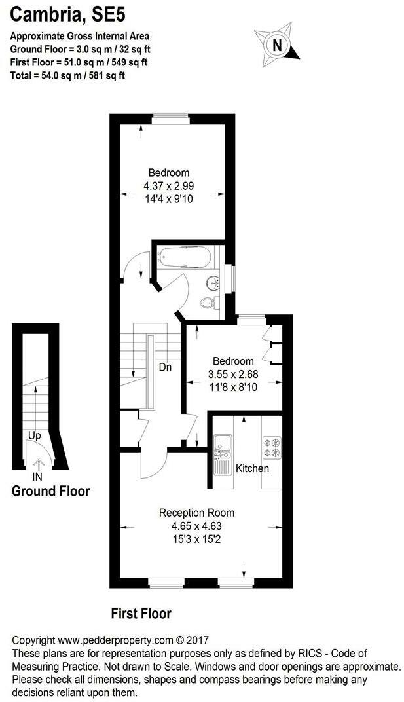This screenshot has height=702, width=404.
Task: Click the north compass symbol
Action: pos(278,45)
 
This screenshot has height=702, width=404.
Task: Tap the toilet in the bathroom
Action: pos(208,303)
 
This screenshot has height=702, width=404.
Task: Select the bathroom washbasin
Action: pos(213,283)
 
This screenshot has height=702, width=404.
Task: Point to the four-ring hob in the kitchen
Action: pos(271,447)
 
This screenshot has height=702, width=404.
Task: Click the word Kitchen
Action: pos(252,469)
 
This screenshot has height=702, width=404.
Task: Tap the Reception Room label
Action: pos(197,513)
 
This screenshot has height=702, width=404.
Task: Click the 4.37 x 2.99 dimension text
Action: pos(169,186)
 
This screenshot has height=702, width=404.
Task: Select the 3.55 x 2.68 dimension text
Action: pos(233,375)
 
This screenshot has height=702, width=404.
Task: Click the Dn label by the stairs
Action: pos(165,367)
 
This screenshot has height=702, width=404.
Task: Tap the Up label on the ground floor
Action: pos(35,435)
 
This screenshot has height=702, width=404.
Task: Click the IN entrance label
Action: pos(37,477)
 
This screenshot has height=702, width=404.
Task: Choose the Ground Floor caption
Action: pos(51,491)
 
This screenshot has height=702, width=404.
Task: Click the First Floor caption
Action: pos(141,614)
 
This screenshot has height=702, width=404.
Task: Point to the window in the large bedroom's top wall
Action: pos(171,118)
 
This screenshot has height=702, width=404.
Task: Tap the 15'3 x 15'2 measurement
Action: pos(197,538)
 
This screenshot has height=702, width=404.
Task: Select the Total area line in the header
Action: pos(67,75)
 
